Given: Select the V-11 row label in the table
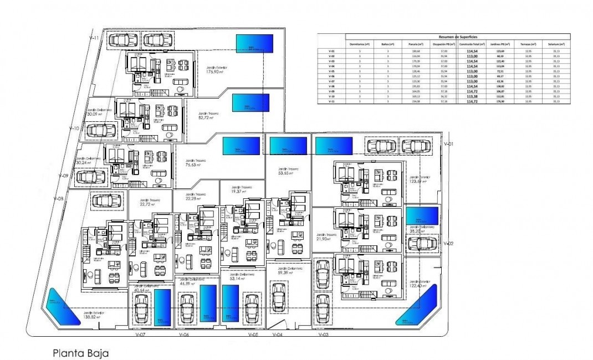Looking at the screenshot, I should pos(331,101).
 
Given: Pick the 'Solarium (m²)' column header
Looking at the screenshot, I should pos(556,44).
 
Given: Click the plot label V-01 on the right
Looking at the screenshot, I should pos(449,143).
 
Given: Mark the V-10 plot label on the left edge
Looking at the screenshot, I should pos(76,127).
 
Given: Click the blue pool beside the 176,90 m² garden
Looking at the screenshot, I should pos(255,43).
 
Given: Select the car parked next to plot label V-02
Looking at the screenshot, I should pos(422,243).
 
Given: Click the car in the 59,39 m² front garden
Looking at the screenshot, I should pos(279,299).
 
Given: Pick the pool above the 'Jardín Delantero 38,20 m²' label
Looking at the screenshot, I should pos(422,215).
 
